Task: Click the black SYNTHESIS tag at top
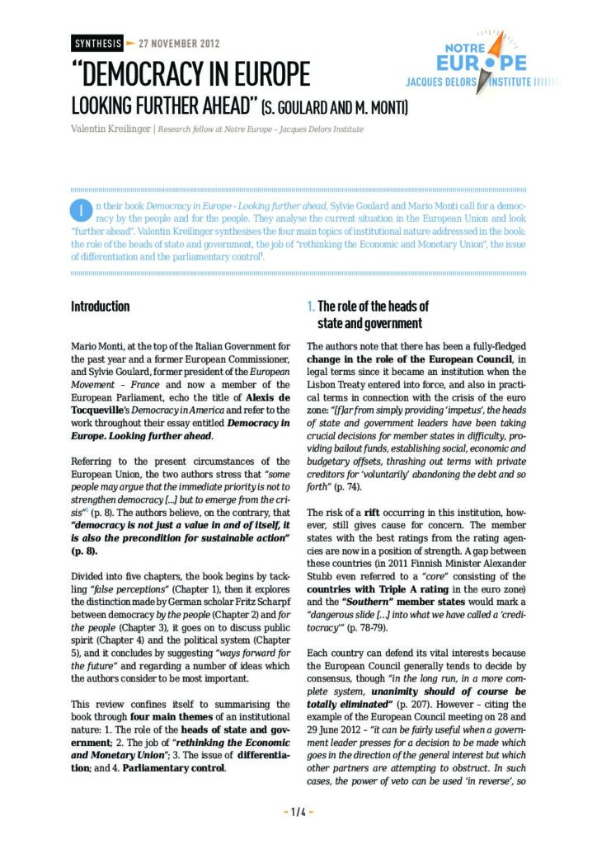pos(96,42)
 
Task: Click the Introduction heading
pos(100,307)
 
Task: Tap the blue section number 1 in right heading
pos(310,307)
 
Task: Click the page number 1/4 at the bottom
pos(298,812)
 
